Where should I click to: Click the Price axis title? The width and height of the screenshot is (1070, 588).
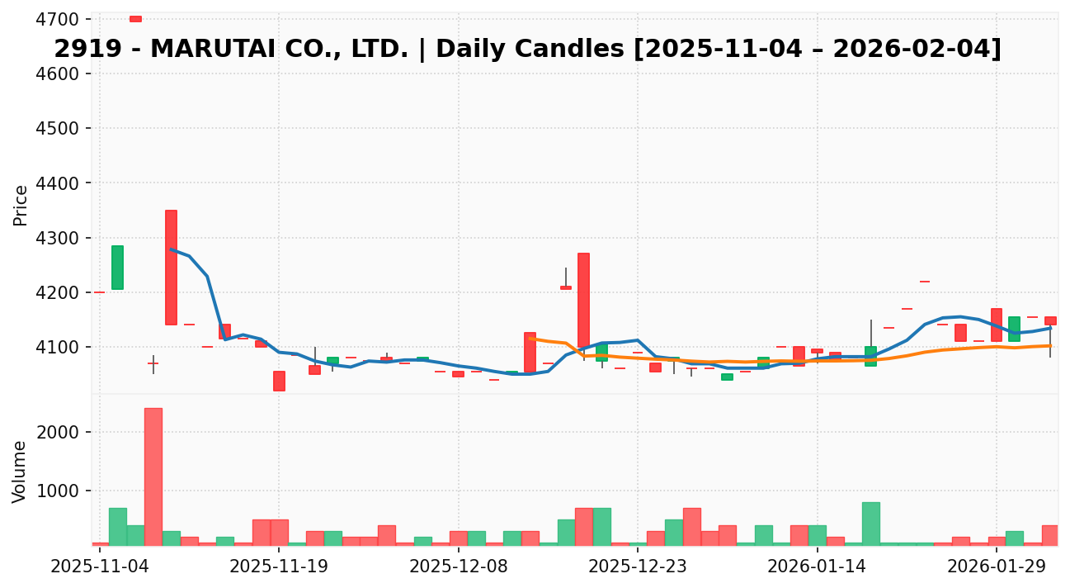[x=21, y=205]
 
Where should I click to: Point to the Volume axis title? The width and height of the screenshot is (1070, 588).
[x=21, y=471]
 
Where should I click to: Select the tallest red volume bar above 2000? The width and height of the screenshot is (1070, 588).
[x=153, y=476]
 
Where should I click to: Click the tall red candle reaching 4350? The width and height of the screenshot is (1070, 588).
[x=171, y=267]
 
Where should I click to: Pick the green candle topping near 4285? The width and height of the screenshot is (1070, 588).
[x=117, y=267]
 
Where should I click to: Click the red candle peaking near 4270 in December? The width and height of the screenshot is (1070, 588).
[x=583, y=300]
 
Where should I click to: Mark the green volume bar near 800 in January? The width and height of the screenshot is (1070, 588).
[x=870, y=523]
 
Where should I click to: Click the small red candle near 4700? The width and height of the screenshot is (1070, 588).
[x=135, y=18]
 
